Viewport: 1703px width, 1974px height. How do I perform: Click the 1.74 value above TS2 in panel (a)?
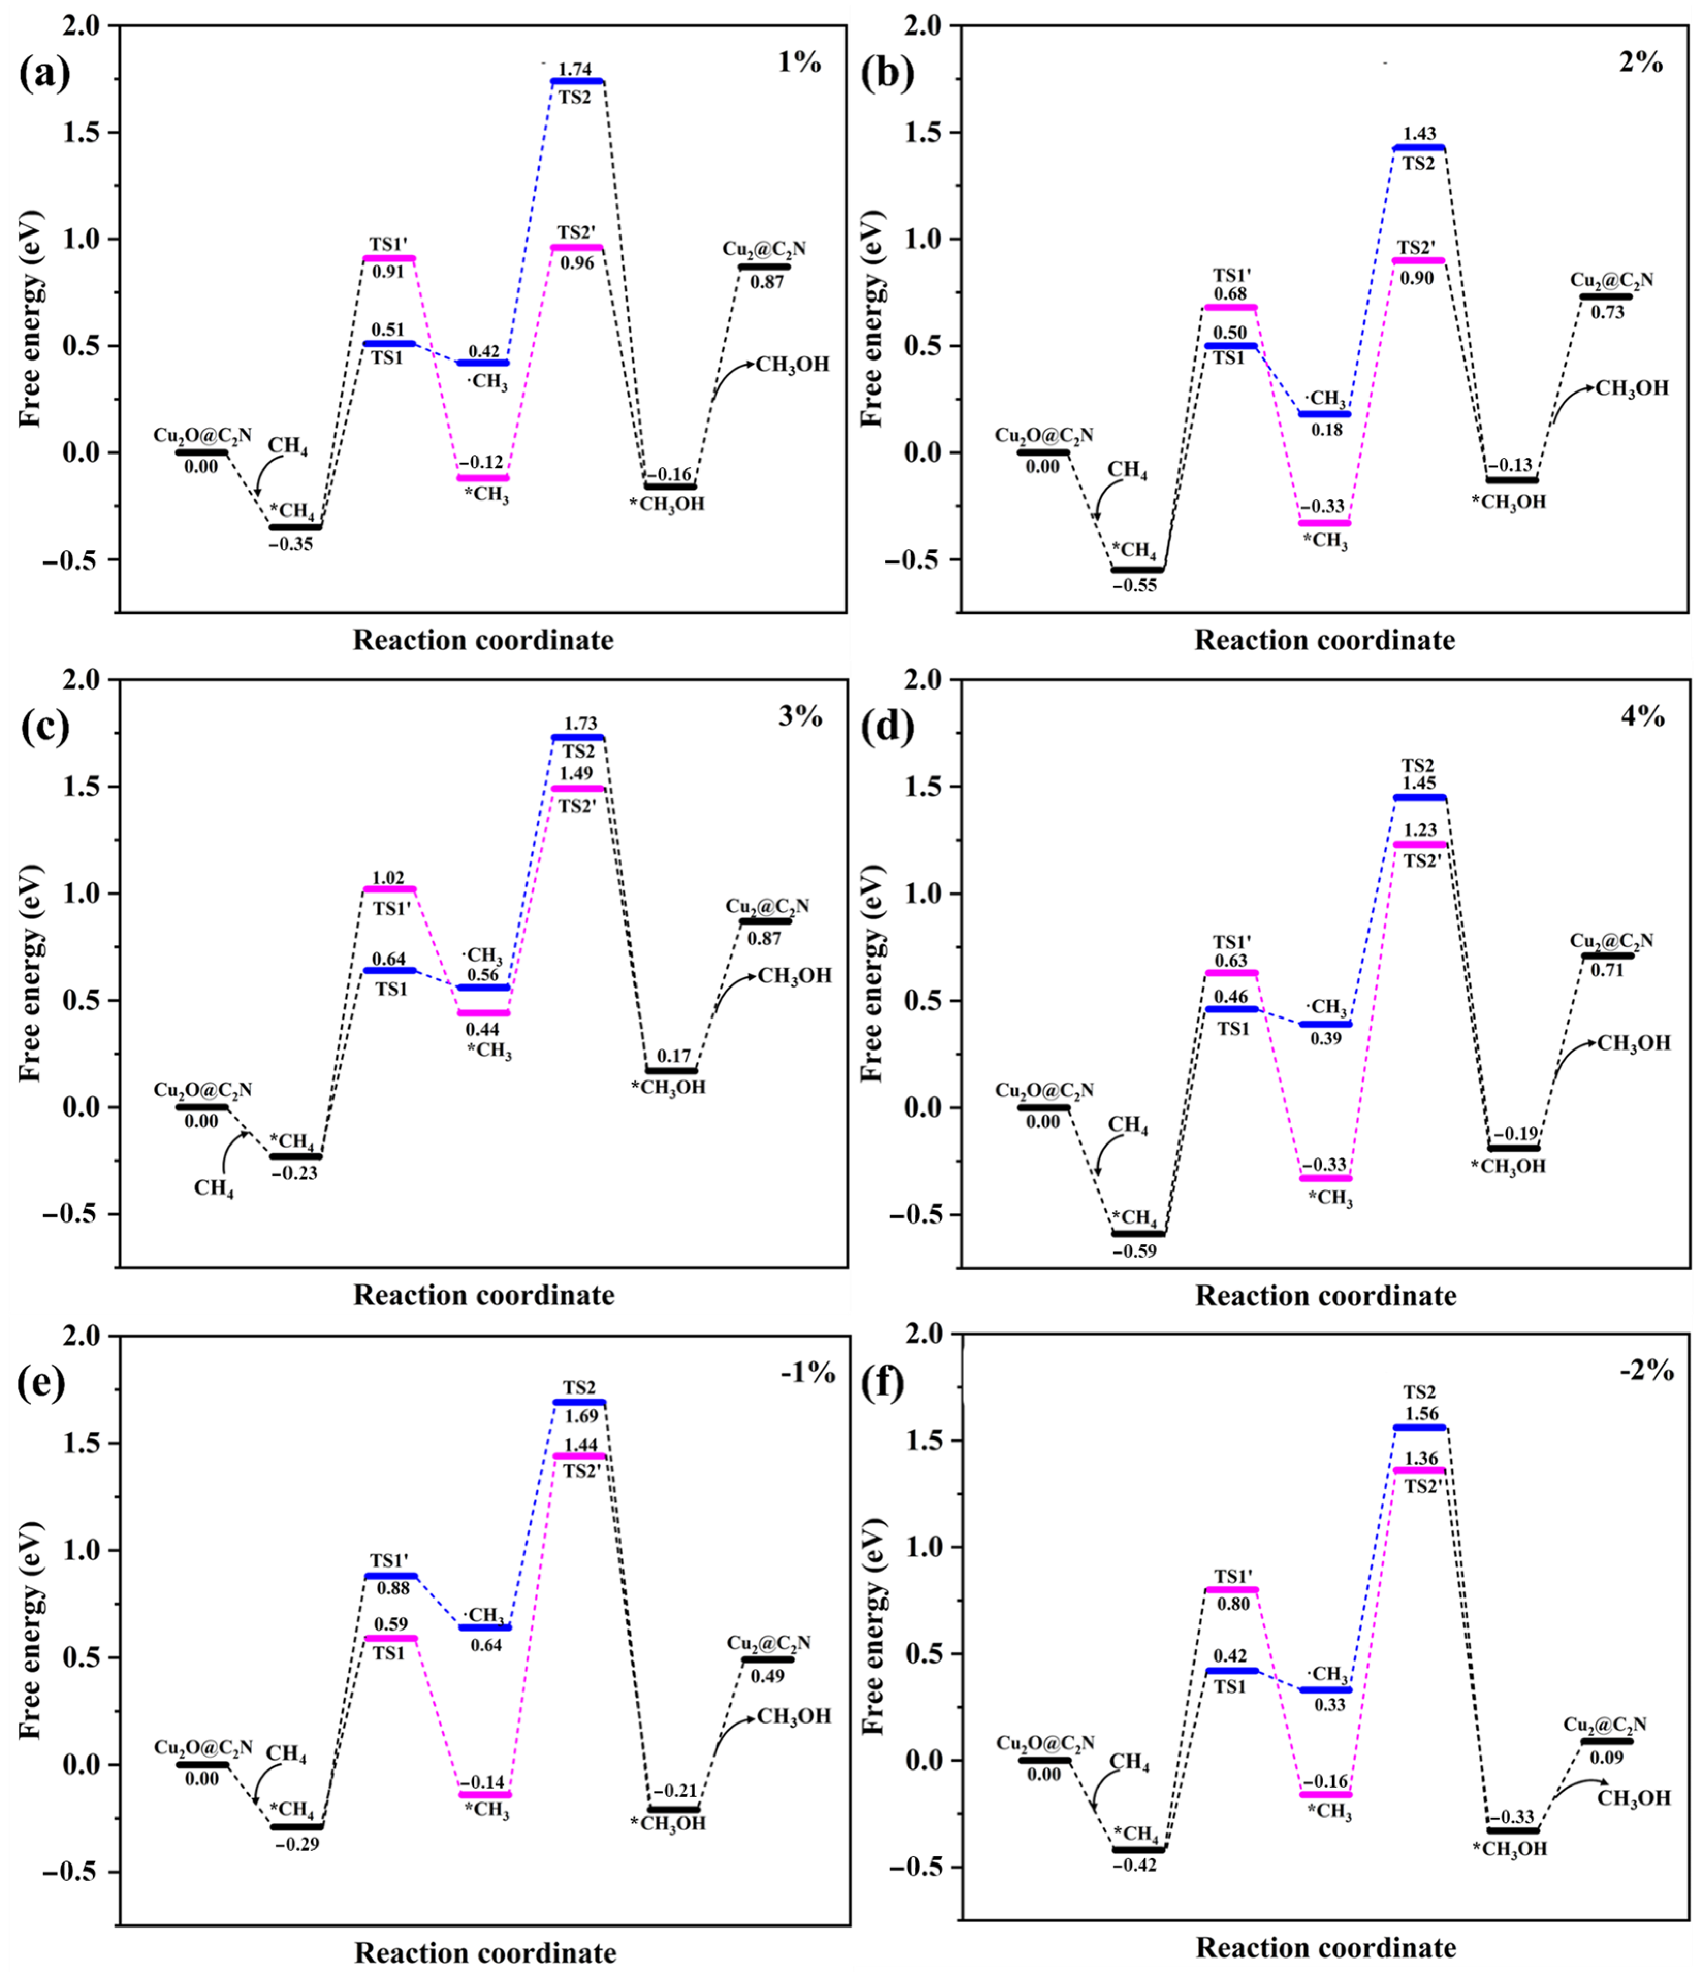[x=575, y=70]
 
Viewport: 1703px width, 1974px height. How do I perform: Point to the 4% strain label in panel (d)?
[x=1642, y=716]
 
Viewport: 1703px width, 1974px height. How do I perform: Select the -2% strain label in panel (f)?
[x=1646, y=1371]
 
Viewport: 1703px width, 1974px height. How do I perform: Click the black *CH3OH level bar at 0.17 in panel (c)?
[x=672, y=1071]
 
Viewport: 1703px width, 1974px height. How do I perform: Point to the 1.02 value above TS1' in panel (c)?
[x=389, y=878]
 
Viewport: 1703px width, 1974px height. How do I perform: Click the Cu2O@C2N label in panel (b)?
[x=1044, y=435]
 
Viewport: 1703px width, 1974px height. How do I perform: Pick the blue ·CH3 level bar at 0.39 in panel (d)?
[x=1325, y=1024]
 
